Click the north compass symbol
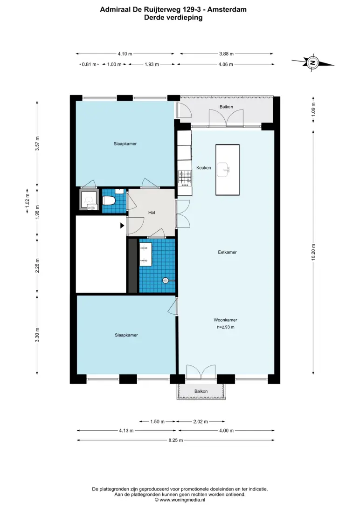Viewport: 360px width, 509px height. click(312, 62)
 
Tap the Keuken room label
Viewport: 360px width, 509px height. click(203, 168)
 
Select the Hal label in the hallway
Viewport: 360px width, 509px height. click(152, 213)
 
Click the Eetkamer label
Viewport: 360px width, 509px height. click(227, 252)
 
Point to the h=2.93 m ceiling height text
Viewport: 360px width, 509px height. click(226, 327)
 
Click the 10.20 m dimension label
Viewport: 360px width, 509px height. click(313, 252)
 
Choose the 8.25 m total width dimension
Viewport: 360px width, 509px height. click(176, 440)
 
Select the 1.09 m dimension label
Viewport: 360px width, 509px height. click(313, 110)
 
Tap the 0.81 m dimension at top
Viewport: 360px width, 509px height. click(89, 65)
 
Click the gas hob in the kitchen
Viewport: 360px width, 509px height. click(184, 179)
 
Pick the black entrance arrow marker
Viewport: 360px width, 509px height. click(122, 225)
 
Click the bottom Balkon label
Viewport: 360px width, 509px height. click(201, 392)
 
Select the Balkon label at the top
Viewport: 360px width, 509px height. click(226, 107)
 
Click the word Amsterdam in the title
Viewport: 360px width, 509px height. click(227, 9)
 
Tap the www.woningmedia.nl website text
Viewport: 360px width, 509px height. click(182, 500)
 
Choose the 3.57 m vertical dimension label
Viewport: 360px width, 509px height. click(37, 144)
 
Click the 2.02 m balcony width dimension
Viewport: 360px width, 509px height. click(201, 422)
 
